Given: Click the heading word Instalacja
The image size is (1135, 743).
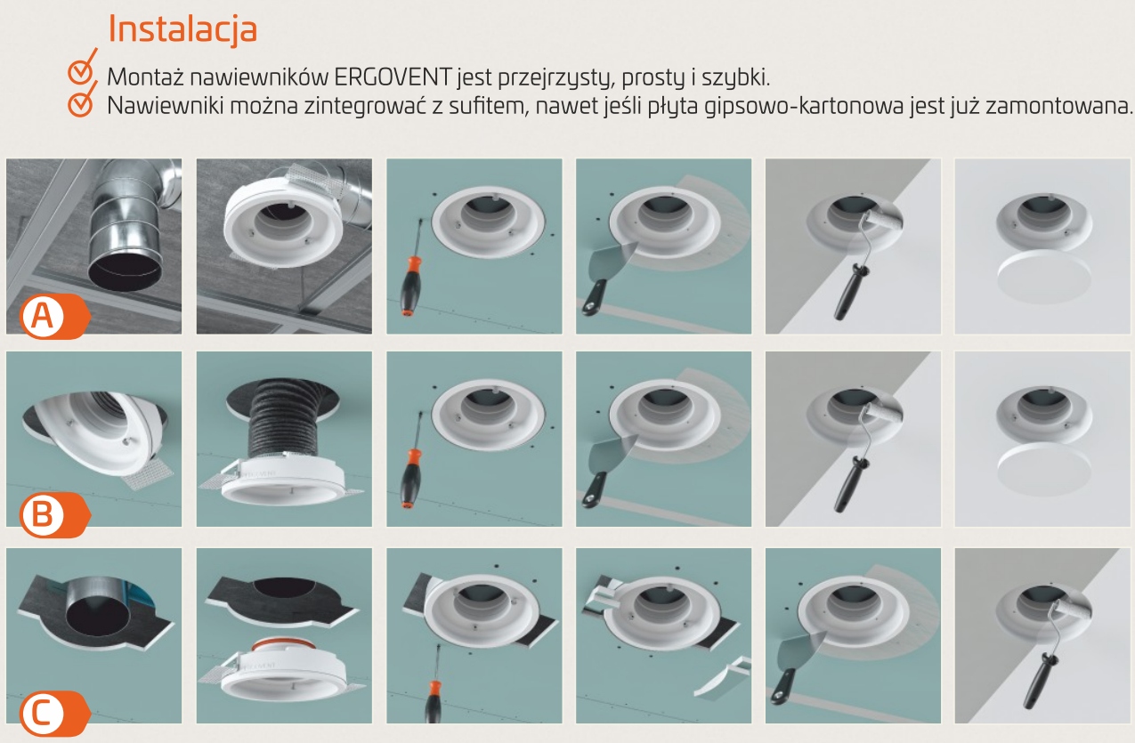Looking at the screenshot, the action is pos(182,30).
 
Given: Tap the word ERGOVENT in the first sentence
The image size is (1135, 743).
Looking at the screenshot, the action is pos(393,77).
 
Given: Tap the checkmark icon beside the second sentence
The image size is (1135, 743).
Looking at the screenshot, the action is pos(82,100).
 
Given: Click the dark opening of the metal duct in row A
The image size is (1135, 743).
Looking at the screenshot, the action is pos(126,273).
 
